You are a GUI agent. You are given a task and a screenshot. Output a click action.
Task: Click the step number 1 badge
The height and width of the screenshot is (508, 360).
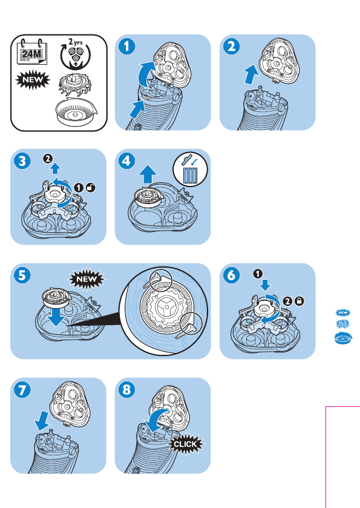pyautogui.click(x=127, y=47)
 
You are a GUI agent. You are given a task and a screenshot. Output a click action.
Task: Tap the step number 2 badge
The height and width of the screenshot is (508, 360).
pyautogui.click(x=232, y=47)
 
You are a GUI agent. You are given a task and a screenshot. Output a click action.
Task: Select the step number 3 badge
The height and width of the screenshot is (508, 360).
pyautogui.click(x=22, y=161)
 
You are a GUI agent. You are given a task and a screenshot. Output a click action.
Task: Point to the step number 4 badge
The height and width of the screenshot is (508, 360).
pyautogui.click(x=127, y=161)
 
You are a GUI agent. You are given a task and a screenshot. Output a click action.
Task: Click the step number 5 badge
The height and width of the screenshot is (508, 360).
pyautogui.click(x=22, y=275)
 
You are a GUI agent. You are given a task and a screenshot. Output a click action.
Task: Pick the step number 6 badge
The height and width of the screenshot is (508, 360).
pyautogui.click(x=232, y=275)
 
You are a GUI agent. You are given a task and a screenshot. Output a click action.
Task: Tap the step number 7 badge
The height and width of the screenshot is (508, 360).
pyautogui.click(x=22, y=390)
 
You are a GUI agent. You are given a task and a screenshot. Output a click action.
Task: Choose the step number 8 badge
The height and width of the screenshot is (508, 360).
pyautogui.click(x=127, y=390)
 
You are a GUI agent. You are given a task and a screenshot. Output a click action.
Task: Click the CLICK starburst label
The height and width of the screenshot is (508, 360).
pyautogui.click(x=185, y=444)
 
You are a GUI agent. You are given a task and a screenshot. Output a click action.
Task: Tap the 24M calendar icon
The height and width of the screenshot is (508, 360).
pyautogui.click(x=31, y=53)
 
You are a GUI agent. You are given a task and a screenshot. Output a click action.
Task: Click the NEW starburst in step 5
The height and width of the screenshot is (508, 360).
pyautogui.click(x=87, y=279)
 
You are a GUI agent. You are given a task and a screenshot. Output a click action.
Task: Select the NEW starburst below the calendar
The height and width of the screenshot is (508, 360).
pyautogui.click(x=33, y=80)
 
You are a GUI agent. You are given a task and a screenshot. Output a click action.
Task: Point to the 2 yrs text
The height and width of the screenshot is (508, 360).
pyautogui.click(x=76, y=42)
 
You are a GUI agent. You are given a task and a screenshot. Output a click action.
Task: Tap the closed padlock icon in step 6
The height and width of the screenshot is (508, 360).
pyautogui.click(x=299, y=302)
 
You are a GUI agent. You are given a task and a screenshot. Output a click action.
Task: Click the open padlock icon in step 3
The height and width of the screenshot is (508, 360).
pyautogui.click(x=91, y=188)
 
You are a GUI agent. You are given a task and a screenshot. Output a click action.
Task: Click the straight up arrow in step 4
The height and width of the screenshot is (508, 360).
pyautogui.click(x=148, y=174)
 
